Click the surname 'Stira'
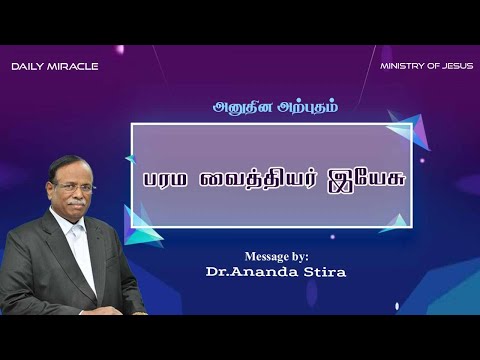point(325,271)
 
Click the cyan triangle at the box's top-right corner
point(401,135)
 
